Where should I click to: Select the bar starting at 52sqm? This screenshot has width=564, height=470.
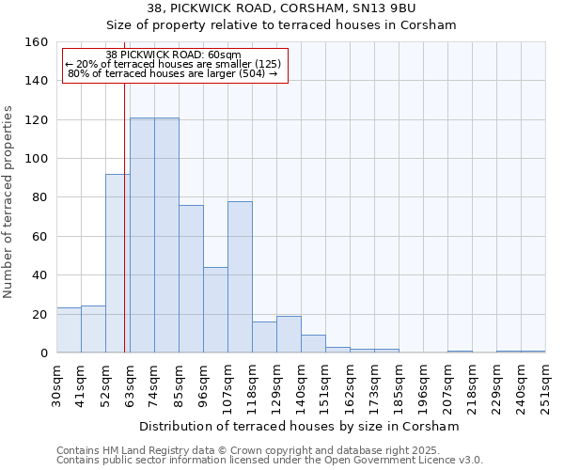point(117,263)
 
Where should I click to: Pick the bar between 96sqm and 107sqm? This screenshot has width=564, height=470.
point(215,309)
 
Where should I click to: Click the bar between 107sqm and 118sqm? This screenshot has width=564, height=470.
point(240,276)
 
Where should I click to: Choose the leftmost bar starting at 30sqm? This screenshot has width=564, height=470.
point(69,330)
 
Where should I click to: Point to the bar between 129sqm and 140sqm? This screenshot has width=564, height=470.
point(289,335)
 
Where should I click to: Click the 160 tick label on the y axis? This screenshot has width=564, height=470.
point(36,42)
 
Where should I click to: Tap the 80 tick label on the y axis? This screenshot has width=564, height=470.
point(39,197)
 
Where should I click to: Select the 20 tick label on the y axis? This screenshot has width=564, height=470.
point(39,314)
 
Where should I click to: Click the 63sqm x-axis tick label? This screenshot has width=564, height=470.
point(130,383)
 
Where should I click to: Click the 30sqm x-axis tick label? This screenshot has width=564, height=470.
point(56,383)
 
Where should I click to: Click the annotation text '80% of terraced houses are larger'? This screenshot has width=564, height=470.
point(173,72)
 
